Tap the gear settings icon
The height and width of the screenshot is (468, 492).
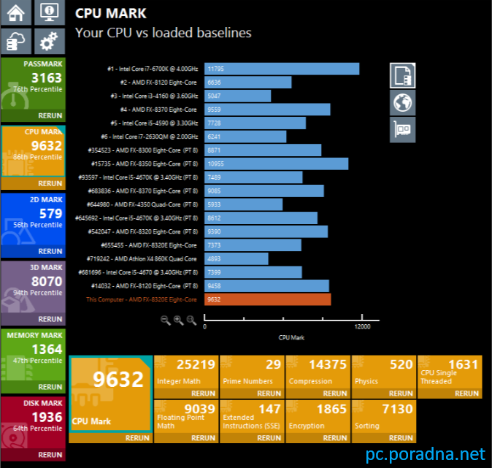pyautogui.click(x=49, y=41)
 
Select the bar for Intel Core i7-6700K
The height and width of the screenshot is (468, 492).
pyautogui.click(x=282, y=69)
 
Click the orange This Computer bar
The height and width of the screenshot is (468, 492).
pyautogui.click(x=267, y=299)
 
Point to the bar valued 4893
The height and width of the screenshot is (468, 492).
pyautogui.click(x=237, y=258)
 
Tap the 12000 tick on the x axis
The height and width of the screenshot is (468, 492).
pyautogui.click(x=361, y=326)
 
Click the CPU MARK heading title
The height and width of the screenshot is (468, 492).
pyautogui.click(x=110, y=13)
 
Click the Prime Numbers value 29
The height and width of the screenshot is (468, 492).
pyautogui.click(x=273, y=365)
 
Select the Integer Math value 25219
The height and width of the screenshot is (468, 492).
pyautogui.click(x=196, y=365)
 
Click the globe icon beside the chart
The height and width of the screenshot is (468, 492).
pyautogui.click(x=402, y=103)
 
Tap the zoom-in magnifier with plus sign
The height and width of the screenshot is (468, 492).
pyautogui.click(x=179, y=321)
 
